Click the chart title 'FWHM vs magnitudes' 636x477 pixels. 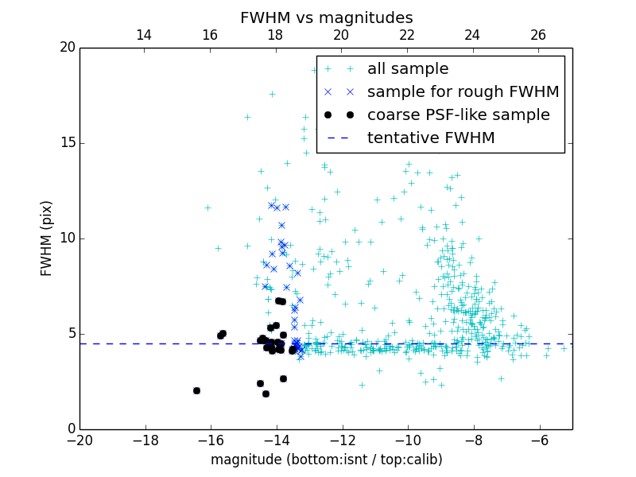(x=326, y=17)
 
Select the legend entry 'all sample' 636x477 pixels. (x=408, y=69)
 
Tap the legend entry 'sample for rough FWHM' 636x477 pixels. (x=463, y=92)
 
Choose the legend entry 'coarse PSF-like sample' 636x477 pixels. (x=458, y=115)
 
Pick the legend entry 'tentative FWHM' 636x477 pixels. (x=431, y=138)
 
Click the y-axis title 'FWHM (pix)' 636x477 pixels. (x=47, y=238)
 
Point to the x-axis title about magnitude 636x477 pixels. (x=326, y=460)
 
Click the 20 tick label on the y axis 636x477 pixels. (x=67, y=48)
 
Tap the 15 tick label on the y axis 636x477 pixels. (x=67, y=143)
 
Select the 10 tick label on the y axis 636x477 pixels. (x=67, y=238)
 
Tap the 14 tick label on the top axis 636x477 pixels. (x=144, y=35)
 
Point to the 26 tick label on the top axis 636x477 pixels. (x=538, y=35)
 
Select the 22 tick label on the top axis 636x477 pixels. (x=407, y=35)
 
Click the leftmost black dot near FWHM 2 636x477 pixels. (x=196, y=390)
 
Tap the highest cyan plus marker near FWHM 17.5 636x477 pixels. (x=272, y=94)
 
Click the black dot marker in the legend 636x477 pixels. (x=339, y=115)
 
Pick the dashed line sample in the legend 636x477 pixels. (x=339, y=138)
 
